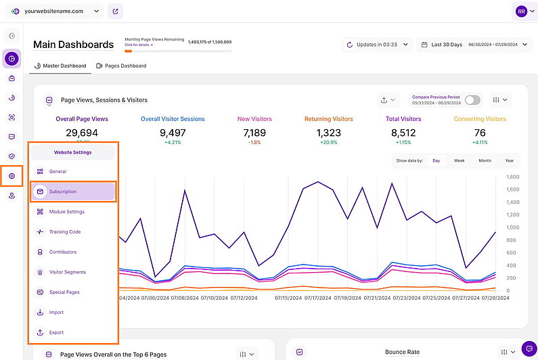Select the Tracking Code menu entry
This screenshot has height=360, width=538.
pos(64,232)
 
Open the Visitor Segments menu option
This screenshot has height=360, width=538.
pos(67,272)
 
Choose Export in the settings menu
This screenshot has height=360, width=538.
pos(56,332)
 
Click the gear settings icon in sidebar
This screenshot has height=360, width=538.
pos(12,176)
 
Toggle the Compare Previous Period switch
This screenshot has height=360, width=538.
pos(472,99)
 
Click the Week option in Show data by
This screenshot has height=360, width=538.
pos(459,160)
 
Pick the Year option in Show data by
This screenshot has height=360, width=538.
pos(509,160)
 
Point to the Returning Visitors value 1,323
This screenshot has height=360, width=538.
pos(328,133)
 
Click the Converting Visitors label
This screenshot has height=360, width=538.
pos(480,119)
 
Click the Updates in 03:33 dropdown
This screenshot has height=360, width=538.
pos(377,45)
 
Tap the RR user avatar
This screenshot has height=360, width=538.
pos(521,11)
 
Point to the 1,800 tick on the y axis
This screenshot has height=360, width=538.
pos(512,177)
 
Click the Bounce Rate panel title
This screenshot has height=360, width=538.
pos(402,352)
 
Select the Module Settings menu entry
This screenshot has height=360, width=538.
pos(66,212)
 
